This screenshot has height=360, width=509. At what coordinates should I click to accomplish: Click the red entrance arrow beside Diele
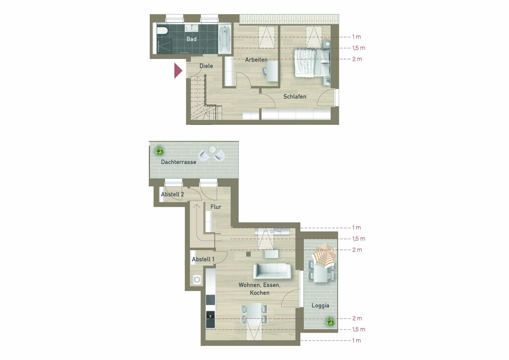(178, 70)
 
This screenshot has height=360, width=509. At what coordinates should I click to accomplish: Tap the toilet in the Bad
(162, 31)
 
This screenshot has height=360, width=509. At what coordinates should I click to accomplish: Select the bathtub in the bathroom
(225, 39)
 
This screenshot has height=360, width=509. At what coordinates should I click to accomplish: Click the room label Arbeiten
(256, 60)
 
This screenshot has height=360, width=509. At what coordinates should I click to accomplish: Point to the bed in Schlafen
(312, 63)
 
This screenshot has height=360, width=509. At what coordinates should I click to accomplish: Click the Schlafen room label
(295, 97)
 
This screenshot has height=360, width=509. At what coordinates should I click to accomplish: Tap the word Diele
(206, 66)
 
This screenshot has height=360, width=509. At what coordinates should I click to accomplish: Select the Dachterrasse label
(179, 162)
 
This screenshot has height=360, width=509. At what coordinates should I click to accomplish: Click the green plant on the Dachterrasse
(159, 151)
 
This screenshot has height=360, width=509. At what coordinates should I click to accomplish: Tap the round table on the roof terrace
(212, 149)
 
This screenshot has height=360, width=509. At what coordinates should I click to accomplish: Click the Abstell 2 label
(173, 194)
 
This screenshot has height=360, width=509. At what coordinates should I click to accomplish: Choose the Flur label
(215, 207)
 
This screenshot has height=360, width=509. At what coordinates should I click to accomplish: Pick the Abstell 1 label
(203, 259)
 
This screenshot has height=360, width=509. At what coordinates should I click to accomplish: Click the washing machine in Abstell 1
(197, 279)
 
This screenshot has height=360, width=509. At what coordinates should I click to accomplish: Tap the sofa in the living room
(272, 271)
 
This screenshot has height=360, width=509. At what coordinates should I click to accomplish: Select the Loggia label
(320, 306)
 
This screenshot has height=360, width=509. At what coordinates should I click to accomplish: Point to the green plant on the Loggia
(330, 321)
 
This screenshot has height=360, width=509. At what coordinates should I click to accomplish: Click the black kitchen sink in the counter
(210, 320)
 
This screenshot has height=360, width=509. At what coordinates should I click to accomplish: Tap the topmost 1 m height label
(357, 37)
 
